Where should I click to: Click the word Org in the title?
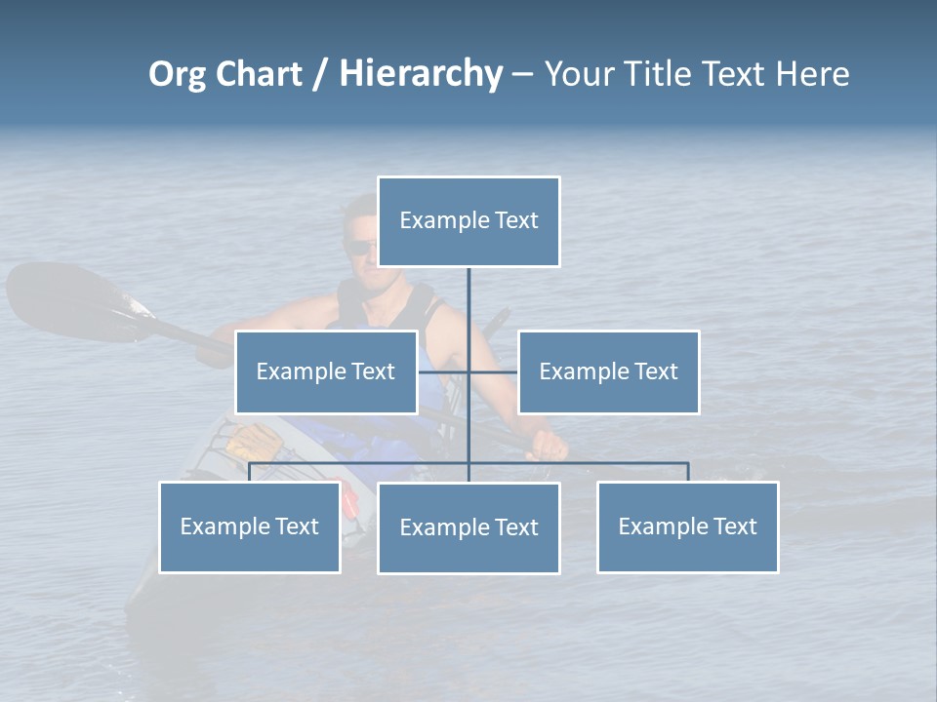[x=178, y=74]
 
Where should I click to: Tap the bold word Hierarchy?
[x=421, y=74]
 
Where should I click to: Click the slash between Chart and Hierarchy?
[x=320, y=75]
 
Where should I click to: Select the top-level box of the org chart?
[x=468, y=221]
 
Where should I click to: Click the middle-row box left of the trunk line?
[x=326, y=371]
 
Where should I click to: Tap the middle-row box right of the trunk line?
[x=608, y=371]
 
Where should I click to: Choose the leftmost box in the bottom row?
[x=250, y=527]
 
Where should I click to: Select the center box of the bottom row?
[x=468, y=528]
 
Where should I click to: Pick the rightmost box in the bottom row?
[x=687, y=527]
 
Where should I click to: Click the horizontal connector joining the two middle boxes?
[x=493, y=371]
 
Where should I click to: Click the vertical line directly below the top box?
[x=468, y=297]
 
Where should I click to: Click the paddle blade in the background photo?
[x=59, y=297]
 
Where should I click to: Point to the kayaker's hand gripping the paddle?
[x=549, y=445]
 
